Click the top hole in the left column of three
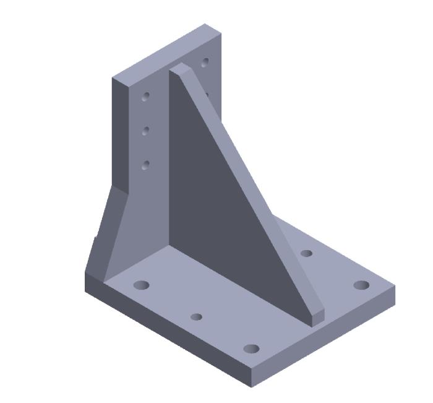[146, 96]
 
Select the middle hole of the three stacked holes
[146, 131]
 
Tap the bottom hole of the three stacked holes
[146, 165]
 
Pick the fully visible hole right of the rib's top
[205, 63]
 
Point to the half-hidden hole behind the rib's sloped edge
[207, 95]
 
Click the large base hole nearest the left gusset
[142, 285]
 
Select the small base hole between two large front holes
[196, 317]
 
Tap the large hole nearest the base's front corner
[251, 349]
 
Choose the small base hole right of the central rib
[306, 253]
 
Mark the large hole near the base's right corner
[361, 285]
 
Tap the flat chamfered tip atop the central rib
[179, 67]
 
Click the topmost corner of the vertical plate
[205, 24]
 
